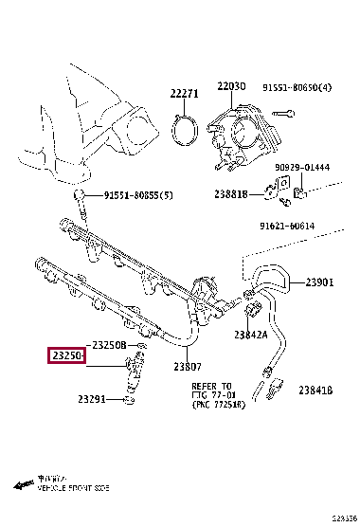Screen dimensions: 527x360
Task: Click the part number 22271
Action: (x=186, y=93)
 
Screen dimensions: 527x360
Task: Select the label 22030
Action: (x=230, y=86)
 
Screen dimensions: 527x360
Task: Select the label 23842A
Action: (x=251, y=334)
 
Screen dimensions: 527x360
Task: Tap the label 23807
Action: (x=188, y=367)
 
